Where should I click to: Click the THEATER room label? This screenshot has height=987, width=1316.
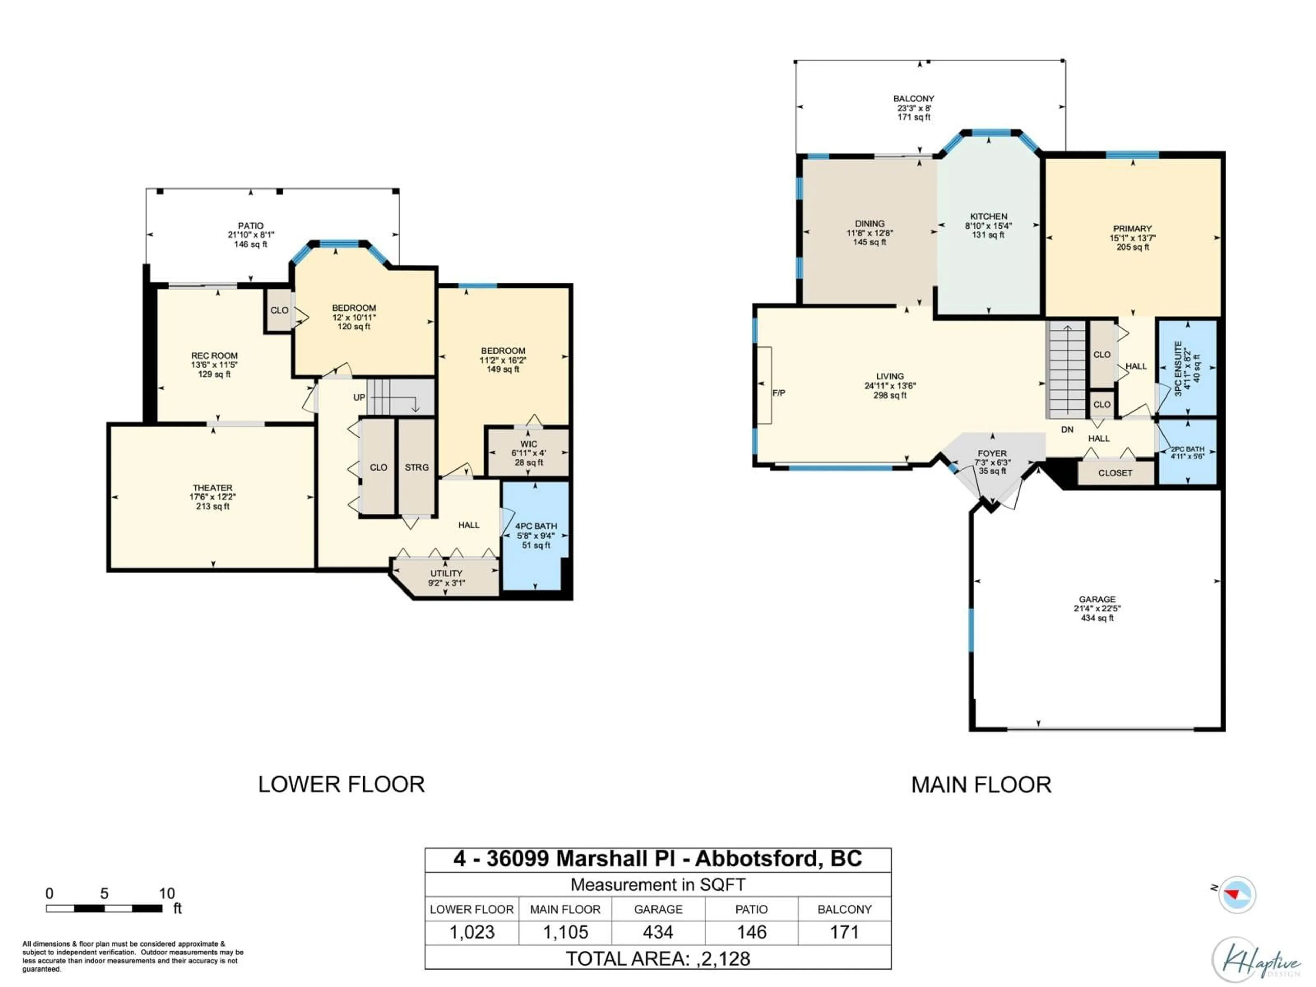click(212, 487)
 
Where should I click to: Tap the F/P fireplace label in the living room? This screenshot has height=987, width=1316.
click(778, 393)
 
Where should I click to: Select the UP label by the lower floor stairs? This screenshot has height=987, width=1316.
click(359, 397)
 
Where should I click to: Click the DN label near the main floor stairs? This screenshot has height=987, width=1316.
click(1067, 429)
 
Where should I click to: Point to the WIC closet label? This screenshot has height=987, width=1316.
click(528, 444)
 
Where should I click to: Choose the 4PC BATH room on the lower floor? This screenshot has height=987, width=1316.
click(535, 535)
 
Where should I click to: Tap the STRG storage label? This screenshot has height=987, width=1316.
click(416, 467)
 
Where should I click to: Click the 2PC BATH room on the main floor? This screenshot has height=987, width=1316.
click(1187, 452)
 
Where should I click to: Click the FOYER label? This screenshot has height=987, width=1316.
click(992, 453)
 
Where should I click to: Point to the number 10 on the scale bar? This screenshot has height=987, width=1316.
click(167, 893)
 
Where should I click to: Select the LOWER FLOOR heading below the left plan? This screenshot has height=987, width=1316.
click(341, 784)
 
